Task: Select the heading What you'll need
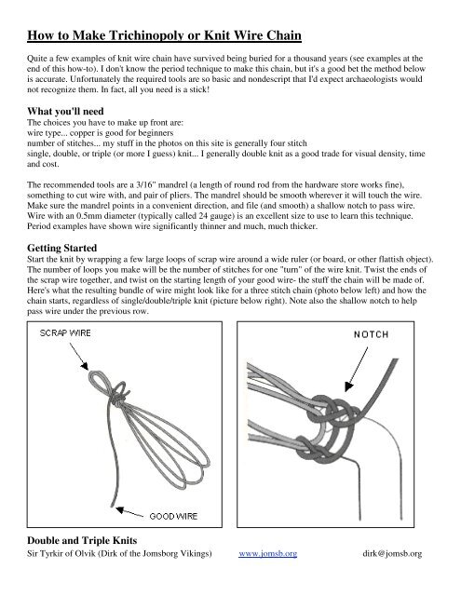coord(65,111)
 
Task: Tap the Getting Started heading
coord(62,249)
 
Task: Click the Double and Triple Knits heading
coord(82,540)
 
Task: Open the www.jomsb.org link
coord(268,553)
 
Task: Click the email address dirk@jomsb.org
coord(392,553)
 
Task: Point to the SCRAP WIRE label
coord(65,333)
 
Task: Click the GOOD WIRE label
coord(173,516)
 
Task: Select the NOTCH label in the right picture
coord(372,334)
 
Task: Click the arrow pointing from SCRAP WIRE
coord(78,357)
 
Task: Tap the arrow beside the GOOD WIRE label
coord(129,512)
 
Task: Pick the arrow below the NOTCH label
coord(357,369)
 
